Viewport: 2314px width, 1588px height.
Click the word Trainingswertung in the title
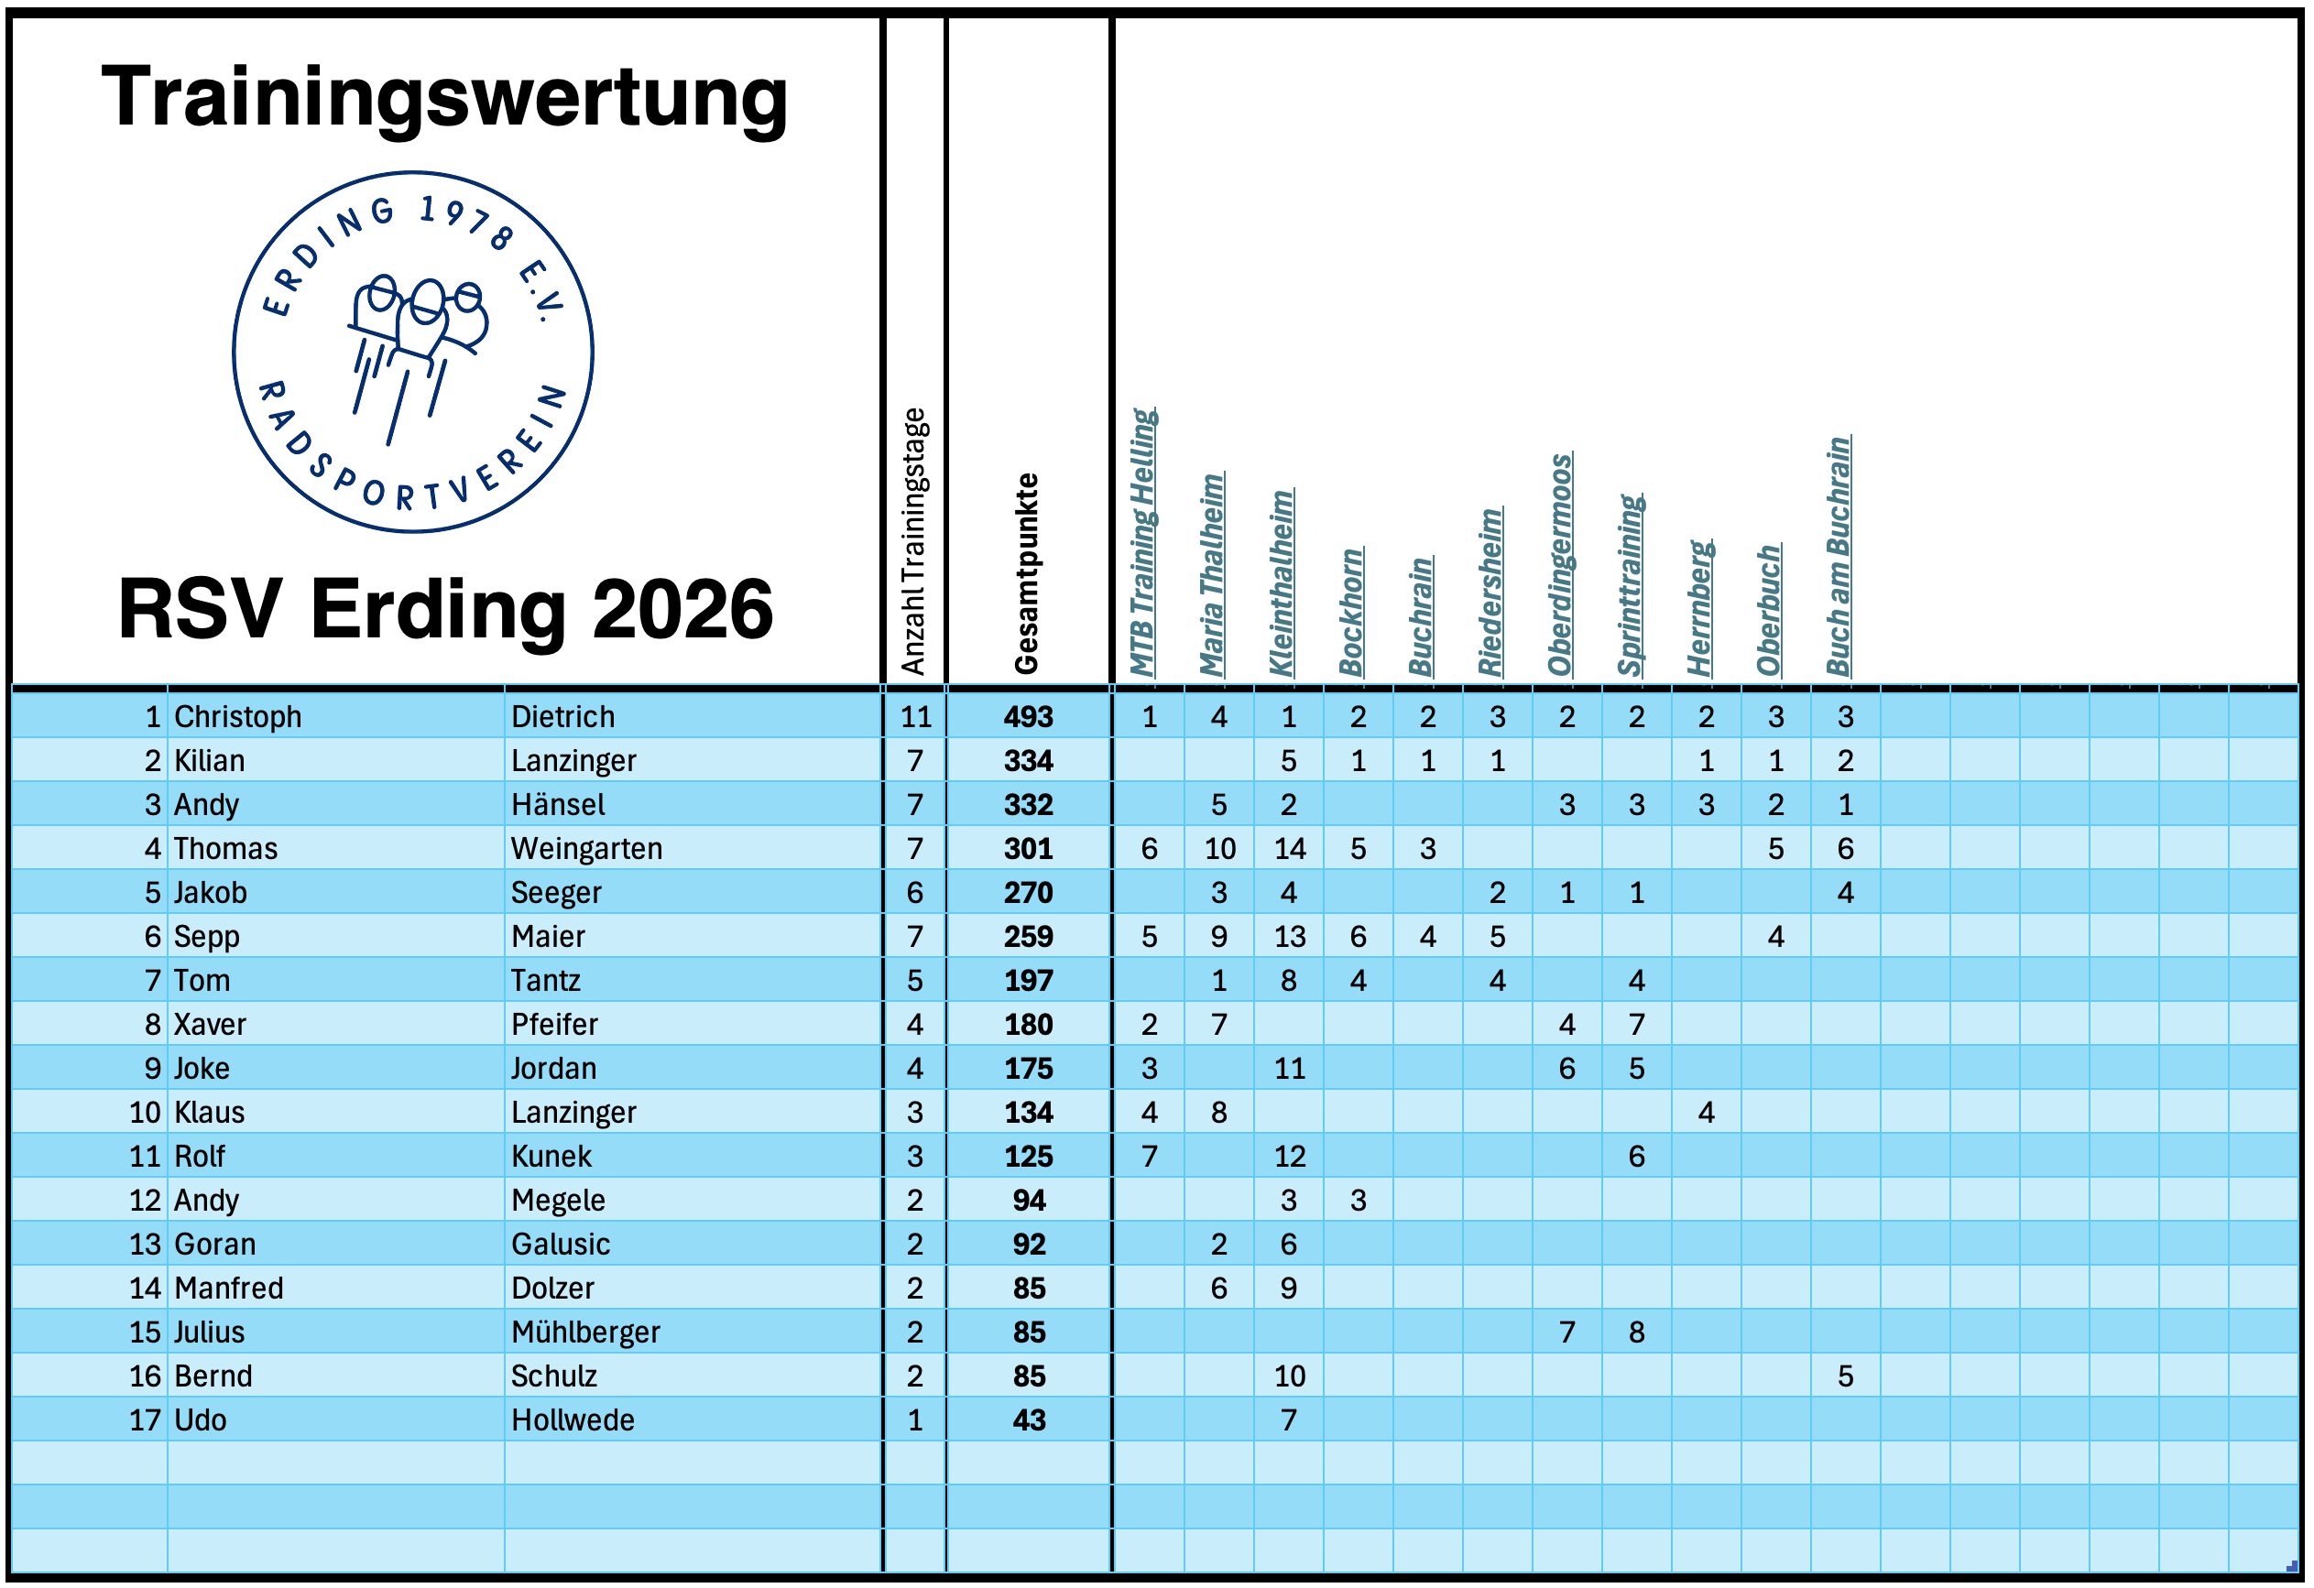[x=444, y=100]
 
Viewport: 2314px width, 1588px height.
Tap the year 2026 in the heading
[x=682, y=609]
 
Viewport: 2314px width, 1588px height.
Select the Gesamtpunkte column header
[x=1027, y=573]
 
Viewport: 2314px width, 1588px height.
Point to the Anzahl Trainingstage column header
[x=913, y=541]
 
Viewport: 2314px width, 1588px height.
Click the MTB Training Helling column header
[x=1143, y=542]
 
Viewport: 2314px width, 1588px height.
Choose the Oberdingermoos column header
[x=1560, y=564]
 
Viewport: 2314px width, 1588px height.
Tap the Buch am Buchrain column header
[x=1838, y=557]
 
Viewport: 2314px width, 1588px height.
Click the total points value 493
[x=1028, y=717]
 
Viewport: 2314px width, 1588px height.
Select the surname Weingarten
[x=586, y=849]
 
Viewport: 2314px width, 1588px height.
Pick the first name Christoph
[x=238, y=717]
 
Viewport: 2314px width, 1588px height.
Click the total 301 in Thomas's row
[x=1028, y=849]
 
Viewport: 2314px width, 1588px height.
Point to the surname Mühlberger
[x=585, y=1332]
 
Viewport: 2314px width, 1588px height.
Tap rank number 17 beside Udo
[x=146, y=1420]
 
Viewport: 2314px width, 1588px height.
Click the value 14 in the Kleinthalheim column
[x=1290, y=849]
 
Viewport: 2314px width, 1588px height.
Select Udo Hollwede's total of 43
[x=1029, y=1420]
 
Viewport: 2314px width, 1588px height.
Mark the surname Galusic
[x=561, y=1245]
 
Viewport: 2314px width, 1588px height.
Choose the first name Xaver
[x=210, y=1025]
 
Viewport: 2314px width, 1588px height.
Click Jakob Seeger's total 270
[x=1028, y=893]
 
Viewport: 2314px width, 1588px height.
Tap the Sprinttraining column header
[x=1630, y=585]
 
